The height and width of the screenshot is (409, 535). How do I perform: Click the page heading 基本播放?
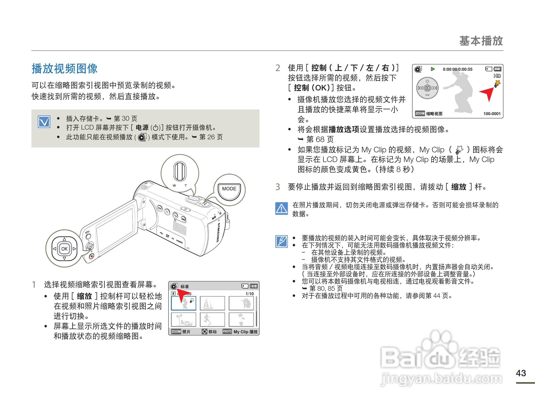(481, 41)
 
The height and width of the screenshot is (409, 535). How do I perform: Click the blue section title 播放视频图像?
(64, 69)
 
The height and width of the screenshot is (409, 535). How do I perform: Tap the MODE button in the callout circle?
(229, 189)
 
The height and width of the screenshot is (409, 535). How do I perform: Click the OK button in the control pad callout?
(64, 249)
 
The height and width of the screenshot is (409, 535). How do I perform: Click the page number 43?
(521, 373)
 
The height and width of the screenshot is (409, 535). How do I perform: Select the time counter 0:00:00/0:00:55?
(457, 69)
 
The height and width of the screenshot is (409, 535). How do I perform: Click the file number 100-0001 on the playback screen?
(492, 113)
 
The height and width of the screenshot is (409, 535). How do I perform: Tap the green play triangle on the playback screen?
(433, 69)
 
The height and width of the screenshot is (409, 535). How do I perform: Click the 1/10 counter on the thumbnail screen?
(249, 294)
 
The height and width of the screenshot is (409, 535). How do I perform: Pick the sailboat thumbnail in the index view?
(212, 303)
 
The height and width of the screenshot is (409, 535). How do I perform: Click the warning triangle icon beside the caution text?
(282, 208)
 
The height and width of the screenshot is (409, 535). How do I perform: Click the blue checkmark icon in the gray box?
(44, 122)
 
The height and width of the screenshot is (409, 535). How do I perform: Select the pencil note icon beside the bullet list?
(282, 241)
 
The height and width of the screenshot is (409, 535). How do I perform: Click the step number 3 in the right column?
(277, 187)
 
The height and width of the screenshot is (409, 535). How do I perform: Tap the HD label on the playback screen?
(497, 76)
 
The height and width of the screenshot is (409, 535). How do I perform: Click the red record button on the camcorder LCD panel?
(92, 256)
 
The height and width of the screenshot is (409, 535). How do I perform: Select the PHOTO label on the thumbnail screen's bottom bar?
(227, 331)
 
